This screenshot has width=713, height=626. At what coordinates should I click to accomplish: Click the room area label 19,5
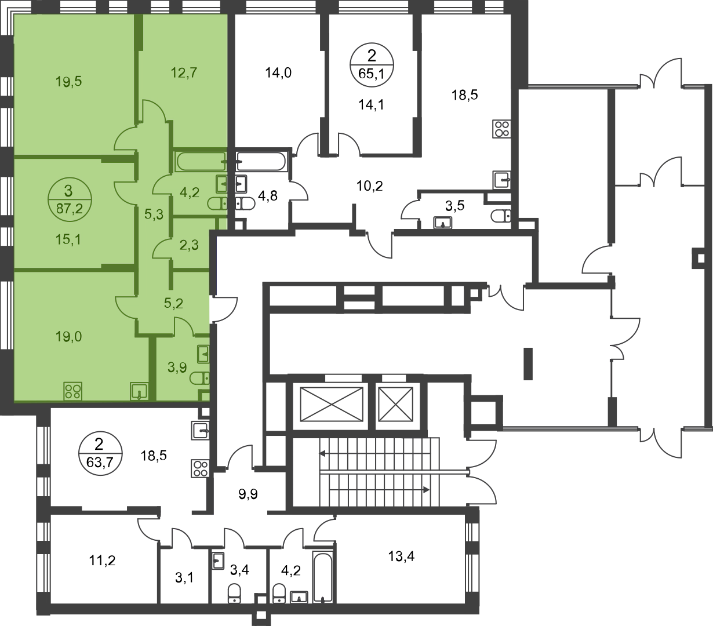pyautogui.click(x=68, y=82)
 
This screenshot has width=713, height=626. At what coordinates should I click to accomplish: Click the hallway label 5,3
pyautogui.click(x=154, y=214)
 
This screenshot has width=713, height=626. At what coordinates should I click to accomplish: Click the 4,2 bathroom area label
pyautogui.click(x=190, y=192)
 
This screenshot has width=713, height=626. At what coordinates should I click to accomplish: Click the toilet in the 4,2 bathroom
pyautogui.click(x=218, y=202)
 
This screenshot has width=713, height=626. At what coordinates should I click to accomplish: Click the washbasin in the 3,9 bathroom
pyautogui.click(x=203, y=352)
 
